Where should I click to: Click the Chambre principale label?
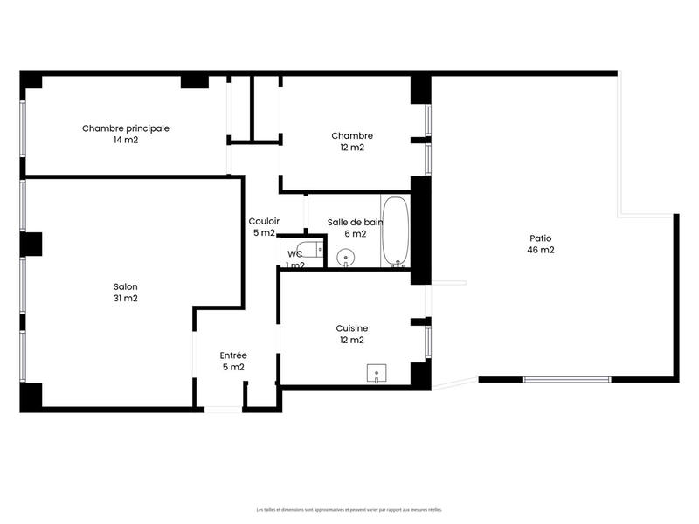[126, 128]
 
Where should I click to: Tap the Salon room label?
[126, 286]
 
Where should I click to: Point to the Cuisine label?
[352, 328]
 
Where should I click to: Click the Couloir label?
[264, 222]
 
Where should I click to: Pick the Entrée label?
[233, 355]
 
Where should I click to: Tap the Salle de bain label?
[355, 222]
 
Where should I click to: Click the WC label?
[295, 254]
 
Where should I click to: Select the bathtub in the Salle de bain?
[395, 231]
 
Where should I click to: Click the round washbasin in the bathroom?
[346, 258]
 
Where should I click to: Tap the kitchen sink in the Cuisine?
[377, 374]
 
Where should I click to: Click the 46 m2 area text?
[541, 250]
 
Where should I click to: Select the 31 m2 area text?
[126, 299]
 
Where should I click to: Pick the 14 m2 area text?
[126, 140]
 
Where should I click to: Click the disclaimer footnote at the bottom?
[349, 509]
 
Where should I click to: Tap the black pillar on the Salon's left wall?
[32, 244]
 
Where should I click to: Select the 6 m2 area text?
[355, 233]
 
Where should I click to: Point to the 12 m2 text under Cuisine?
[352, 340]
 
